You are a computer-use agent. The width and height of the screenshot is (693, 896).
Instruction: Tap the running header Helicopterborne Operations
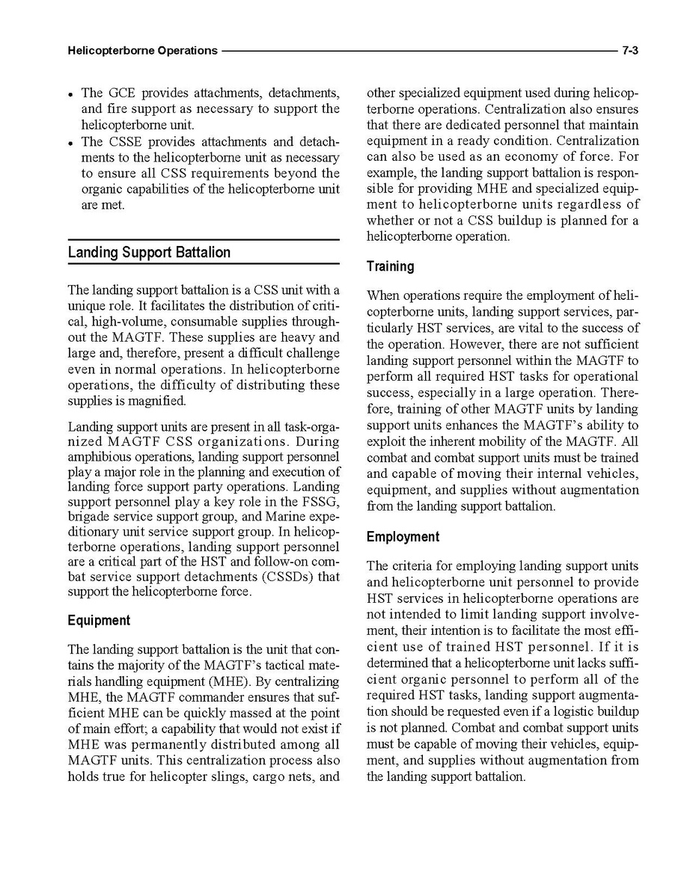[142, 51]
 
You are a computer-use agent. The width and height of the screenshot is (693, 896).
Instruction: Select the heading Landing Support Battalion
[149, 252]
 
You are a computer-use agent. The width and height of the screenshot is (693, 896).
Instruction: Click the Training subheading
[390, 266]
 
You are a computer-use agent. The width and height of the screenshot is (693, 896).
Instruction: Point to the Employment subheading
[403, 537]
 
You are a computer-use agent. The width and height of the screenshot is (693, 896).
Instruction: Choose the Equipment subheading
[99, 620]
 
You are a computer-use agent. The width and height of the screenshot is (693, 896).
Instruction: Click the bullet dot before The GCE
[70, 95]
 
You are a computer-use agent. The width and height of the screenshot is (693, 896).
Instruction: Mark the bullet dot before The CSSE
[70, 143]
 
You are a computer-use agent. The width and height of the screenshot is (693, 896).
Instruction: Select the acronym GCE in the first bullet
[122, 93]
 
